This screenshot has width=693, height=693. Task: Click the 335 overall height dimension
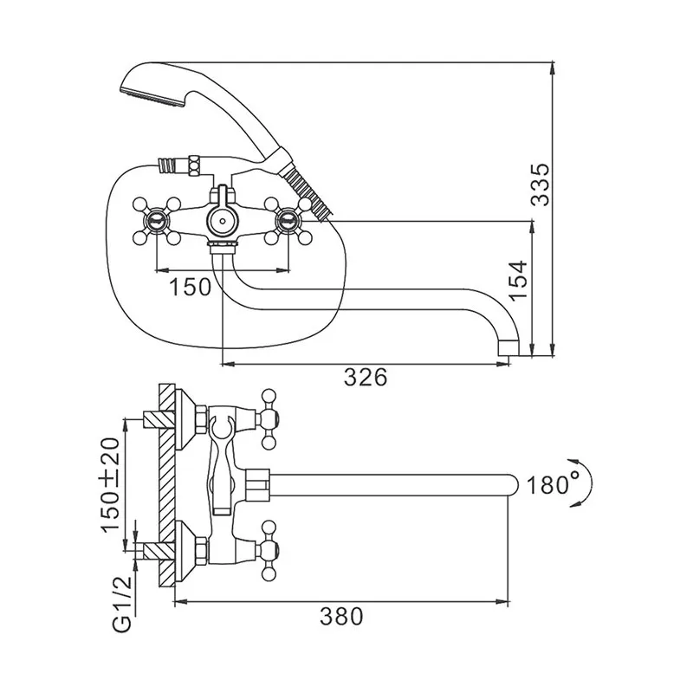tap(540, 185)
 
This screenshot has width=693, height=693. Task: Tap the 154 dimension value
tap(518, 280)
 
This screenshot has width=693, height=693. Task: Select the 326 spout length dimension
tap(366, 377)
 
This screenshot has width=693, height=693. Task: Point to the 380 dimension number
tap(341, 616)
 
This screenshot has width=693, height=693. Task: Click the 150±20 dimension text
tap(110, 484)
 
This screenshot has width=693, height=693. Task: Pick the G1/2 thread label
tap(122, 605)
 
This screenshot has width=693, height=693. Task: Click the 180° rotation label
tap(547, 485)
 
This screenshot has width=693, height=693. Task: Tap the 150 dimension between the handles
tap(191, 287)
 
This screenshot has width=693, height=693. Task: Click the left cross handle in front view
tap(157, 220)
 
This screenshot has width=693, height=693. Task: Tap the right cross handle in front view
tap(288, 220)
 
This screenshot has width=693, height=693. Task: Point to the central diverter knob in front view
tap(223, 220)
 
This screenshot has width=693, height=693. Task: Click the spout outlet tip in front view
tap(508, 347)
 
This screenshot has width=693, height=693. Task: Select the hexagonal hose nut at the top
tap(194, 166)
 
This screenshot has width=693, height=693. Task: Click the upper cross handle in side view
tap(269, 418)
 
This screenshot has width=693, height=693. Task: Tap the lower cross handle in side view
tap(269, 551)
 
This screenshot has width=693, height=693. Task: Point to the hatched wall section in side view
tap(166, 485)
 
